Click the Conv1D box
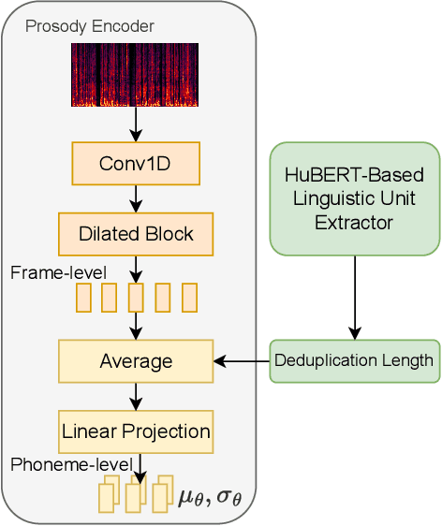(136, 163)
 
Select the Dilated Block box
(136, 234)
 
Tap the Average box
(136, 360)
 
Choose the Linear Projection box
(136, 431)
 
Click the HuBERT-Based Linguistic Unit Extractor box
(355, 198)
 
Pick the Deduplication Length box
(355, 360)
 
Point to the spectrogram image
(135, 75)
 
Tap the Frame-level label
(58, 272)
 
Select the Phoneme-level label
(71, 464)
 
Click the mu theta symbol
(191, 495)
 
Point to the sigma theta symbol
(228, 495)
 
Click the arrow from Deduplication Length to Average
(242, 360)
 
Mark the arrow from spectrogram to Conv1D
(136, 124)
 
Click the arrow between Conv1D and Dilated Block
(136, 198)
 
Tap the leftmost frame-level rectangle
(83, 298)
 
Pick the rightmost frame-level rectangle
(189, 298)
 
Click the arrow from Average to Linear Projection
(136, 396)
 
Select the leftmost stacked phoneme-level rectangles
(109, 494)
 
